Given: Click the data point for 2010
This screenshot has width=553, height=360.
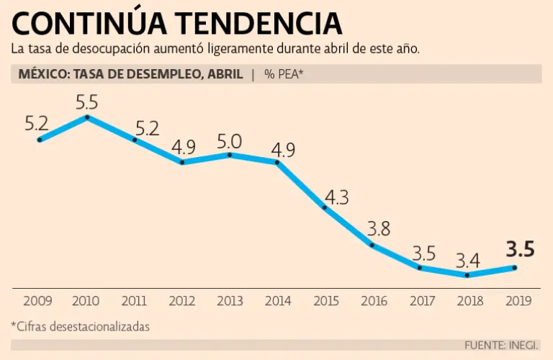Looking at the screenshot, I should tap(87, 116).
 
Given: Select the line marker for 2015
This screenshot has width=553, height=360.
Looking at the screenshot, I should tap(325, 207).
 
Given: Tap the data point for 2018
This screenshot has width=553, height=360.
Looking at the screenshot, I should tap(467, 275).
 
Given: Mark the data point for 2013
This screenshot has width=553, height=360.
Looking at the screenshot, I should tap(230, 154).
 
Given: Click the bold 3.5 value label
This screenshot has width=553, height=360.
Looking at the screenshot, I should tap(520, 250).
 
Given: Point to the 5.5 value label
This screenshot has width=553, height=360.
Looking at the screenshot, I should tap(88, 101).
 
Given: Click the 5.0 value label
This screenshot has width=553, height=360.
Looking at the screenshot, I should tap(230, 140).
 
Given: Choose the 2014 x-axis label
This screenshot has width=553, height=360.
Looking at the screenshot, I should tap(277, 302).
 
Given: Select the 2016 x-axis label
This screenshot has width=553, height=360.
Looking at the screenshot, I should tap(373, 302).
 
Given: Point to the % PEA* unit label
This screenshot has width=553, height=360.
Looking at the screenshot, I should tap(284, 74).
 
